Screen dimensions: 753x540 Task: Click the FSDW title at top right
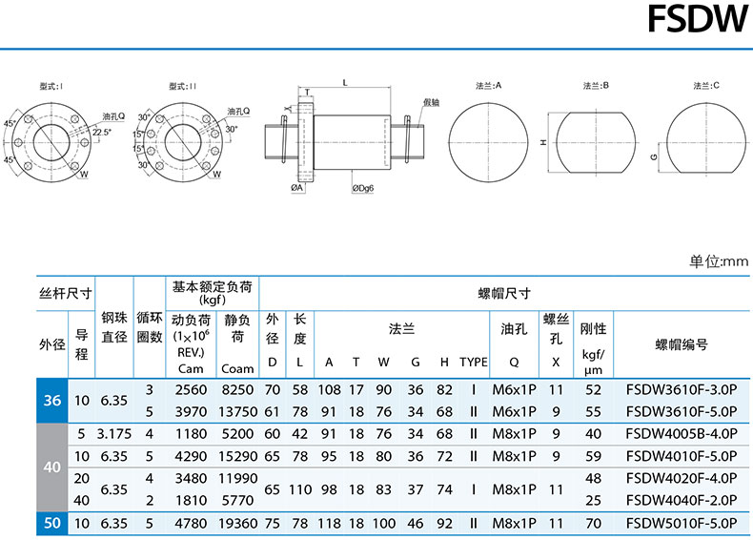point(698,19)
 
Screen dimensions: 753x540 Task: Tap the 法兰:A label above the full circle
point(488,86)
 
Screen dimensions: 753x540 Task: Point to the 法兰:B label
point(596,86)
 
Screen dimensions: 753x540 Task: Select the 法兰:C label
point(706,86)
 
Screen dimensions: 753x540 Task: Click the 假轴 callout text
point(431,102)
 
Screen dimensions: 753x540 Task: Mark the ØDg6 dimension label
point(362,189)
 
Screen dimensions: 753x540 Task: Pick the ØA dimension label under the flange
point(297,188)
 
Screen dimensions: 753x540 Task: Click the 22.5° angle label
point(102,132)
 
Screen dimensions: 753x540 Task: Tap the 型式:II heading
point(182,86)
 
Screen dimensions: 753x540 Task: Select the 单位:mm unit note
point(719,261)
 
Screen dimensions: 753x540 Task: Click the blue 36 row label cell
point(52,401)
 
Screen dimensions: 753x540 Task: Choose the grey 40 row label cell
point(52,467)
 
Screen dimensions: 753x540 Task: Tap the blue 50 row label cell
point(52,523)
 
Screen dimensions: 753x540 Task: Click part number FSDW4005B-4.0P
point(682,434)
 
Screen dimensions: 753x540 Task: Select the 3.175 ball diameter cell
point(114,434)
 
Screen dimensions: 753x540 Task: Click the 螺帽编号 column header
point(682,344)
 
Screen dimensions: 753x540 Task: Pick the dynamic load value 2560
point(191,389)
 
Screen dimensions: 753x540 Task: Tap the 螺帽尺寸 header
point(504,293)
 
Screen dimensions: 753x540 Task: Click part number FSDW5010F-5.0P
point(682,523)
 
